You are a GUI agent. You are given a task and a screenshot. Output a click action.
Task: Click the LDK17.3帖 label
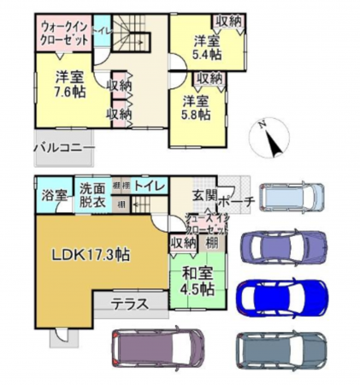pos(90,254)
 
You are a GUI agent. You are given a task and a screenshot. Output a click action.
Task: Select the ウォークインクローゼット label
pos(61,33)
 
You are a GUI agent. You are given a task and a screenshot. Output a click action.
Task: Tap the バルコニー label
pos(64,148)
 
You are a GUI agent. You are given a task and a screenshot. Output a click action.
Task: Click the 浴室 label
pos(54,194)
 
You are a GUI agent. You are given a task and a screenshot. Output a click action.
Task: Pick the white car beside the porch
pos(292,198)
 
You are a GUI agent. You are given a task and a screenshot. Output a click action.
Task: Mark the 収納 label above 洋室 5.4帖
pos(229,21)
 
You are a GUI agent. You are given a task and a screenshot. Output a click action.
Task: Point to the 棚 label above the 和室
pos(210,243)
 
